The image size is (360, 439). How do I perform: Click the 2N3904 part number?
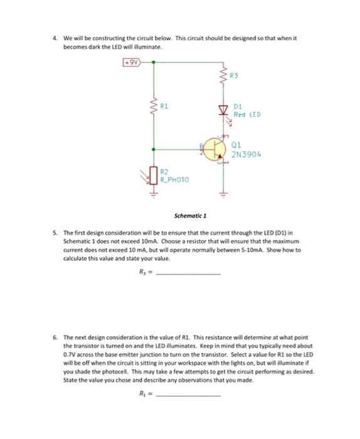coord(246,154)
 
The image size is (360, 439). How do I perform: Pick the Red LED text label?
coord(246,114)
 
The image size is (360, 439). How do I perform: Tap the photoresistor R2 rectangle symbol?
coord(152,174)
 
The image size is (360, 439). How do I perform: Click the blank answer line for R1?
coord(189,396)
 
